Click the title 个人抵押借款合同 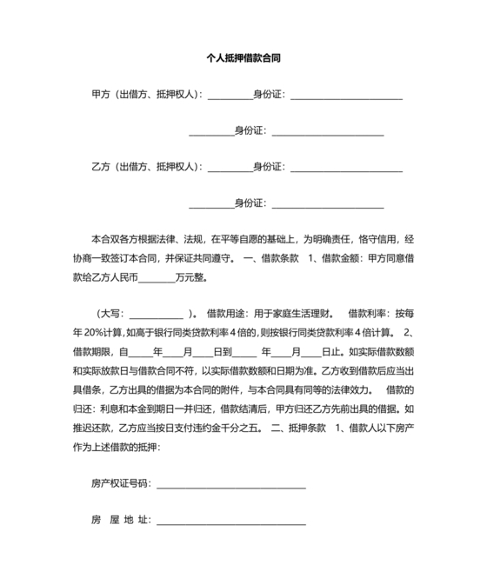pos(243,59)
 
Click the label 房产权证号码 pos(120,482)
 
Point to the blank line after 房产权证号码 pos(230,483)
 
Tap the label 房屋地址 pos(120,520)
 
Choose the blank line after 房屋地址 pos(230,521)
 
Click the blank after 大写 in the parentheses pos(156,314)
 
